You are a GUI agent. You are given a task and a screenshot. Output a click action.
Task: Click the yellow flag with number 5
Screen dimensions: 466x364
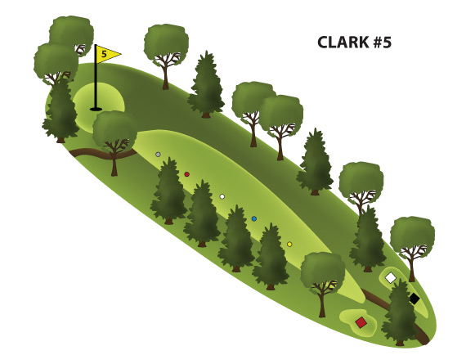point(108,54)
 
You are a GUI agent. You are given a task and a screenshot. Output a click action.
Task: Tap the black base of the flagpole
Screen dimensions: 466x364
point(96,109)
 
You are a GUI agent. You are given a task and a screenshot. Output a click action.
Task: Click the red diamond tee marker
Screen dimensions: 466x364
point(361,322)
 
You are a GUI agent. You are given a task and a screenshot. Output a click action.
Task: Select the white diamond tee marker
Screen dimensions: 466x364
point(391,278)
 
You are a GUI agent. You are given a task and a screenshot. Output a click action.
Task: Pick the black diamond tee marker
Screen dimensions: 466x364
point(414,299)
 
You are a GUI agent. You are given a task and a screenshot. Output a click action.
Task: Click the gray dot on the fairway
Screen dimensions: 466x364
point(158,155)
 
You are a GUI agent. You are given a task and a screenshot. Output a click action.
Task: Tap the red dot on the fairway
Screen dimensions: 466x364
point(186,174)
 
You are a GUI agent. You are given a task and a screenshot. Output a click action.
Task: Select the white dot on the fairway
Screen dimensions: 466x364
point(222,196)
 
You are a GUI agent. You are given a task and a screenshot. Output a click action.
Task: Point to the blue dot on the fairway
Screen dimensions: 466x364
point(253,219)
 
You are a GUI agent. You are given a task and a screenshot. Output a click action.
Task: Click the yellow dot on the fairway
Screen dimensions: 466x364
point(289,244)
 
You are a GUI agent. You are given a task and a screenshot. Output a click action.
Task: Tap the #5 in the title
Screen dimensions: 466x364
point(382,43)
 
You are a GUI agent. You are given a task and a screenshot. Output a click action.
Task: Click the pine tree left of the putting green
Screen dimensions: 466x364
point(60,110)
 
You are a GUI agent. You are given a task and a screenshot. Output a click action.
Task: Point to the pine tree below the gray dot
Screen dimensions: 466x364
point(168,191)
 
